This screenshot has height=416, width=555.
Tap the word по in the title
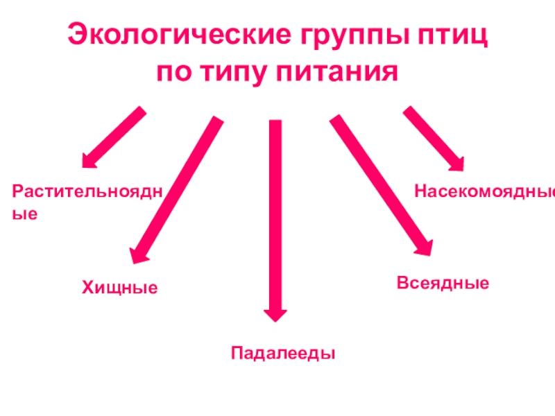tap(176, 71)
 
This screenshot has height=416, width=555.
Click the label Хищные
tap(120, 286)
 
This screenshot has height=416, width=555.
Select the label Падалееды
tap(283, 353)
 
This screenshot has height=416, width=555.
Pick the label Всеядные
tap(443, 283)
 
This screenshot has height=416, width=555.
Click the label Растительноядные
tap(87, 191)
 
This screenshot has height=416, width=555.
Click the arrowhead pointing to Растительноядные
tap(89, 161)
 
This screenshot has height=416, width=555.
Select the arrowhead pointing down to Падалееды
tap(275, 313)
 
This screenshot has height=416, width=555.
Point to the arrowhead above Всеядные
tap(422, 247)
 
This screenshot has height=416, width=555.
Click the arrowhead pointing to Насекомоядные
tap(454, 162)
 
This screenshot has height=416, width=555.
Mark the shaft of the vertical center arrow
tap(275, 208)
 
